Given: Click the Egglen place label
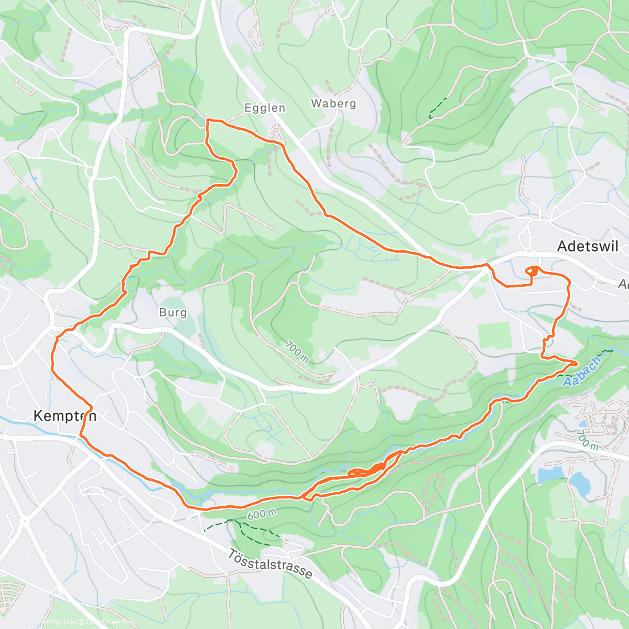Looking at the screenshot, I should (265, 108).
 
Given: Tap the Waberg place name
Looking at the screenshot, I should (333, 103).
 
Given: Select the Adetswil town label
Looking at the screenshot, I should (588, 246).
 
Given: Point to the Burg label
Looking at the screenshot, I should (173, 312).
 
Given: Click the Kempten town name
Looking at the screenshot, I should (65, 416).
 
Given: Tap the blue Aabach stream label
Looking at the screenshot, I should (582, 372).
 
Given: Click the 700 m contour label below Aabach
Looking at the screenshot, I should (587, 439).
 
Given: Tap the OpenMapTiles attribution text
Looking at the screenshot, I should (51, 622).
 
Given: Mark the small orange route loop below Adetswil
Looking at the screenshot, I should (532, 271).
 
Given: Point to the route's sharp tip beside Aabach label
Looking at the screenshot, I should (577, 363).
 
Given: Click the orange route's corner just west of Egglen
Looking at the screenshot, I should (207, 121).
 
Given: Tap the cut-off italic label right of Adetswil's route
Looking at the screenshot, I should (623, 284).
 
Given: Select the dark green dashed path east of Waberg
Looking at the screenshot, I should (438, 107).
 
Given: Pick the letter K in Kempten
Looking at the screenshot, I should (38, 416).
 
